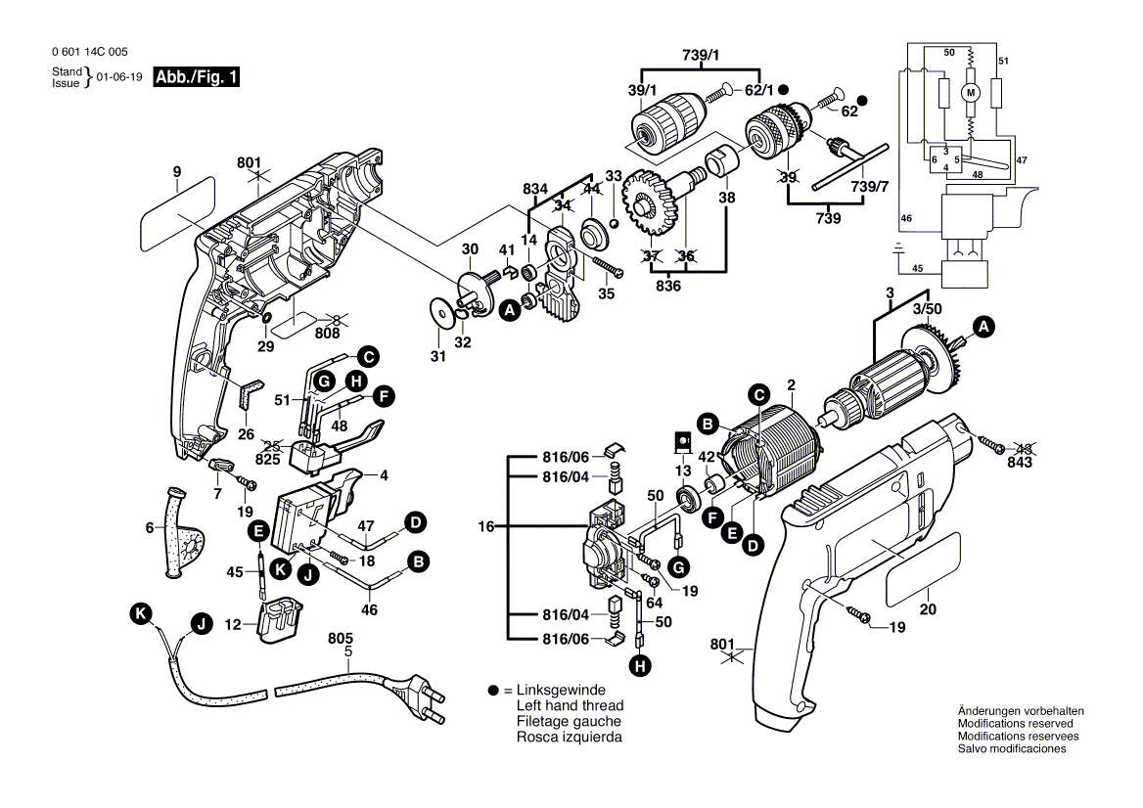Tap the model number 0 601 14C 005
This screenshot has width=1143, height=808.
pyautogui.click(x=87, y=52)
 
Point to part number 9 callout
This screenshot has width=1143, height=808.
pyautogui.click(x=177, y=172)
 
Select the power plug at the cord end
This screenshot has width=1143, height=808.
pyautogui.click(x=418, y=696)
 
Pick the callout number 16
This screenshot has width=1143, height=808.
pyautogui.click(x=486, y=526)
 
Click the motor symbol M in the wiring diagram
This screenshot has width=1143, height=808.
pyautogui.click(x=971, y=92)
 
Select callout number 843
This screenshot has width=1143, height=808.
pyautogui.click(x=1020, y=462)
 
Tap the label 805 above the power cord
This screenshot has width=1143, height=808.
pyautogui.click(x=340, y=639)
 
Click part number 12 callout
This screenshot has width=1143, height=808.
pyautogui.click(x=234, y=624)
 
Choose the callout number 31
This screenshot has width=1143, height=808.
pyautogui.click(x=438, y=356)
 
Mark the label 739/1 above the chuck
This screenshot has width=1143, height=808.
pyautogui.click(x=700, y=54)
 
